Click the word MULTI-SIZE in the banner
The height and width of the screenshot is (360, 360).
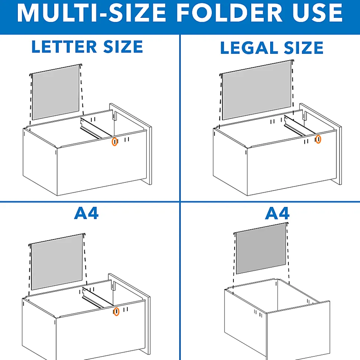[x=92, y=13]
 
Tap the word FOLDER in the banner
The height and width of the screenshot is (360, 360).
[x=229, y=13]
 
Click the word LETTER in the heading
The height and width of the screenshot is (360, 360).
[x=64, y=47]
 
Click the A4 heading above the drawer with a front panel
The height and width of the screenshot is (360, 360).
[x=86, y=213]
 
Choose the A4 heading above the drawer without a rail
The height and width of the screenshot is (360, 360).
[x=277, y=213]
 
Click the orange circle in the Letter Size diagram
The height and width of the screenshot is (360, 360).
[x=114, y=142]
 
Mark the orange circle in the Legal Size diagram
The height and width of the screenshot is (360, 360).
[x=318, y=139]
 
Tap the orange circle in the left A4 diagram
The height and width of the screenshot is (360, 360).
[x=117, y=311]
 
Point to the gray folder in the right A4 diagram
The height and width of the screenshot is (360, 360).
[x=261, y=249]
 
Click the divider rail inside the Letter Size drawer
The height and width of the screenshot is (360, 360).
[x=95, y=128]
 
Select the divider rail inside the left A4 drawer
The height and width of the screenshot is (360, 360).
[x=97, y=298]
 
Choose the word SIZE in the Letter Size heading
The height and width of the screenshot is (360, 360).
[x=123, y=47]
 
